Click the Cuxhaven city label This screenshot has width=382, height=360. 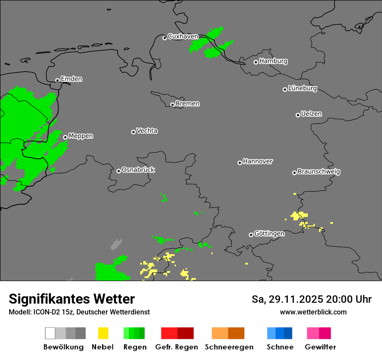click(x=183, y=36)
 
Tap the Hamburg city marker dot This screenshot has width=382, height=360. click(x=256, y=62)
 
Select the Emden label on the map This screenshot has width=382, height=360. click(x=71, y=79)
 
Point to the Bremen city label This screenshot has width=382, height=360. click(x=188, y=104)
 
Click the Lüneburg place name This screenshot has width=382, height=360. click(x=302, y=88)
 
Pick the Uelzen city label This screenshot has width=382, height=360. click(x=311, y=114)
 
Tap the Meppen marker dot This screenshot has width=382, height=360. click(x=65, y=137)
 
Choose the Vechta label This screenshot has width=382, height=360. click(x=147, y=131)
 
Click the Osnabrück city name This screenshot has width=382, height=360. click(x=138, y=170)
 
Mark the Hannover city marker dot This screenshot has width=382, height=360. click(x=240, y=163)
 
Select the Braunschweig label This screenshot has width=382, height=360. click(x=319, y=171)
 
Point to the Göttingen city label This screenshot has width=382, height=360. click(x=269, y=233)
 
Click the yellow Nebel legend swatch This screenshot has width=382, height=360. click(x=103, y=333)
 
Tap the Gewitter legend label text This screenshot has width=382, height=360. click(x=320, y=347)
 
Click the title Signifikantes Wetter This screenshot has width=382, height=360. click(x=72, y=299)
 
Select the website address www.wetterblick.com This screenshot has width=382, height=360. click(x=313, y=312)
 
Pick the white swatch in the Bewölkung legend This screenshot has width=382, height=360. click(x=50, y=333)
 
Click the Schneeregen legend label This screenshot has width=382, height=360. click(x=229, y=347)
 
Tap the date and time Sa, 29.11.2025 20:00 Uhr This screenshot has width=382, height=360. click(x=311, y=299)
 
